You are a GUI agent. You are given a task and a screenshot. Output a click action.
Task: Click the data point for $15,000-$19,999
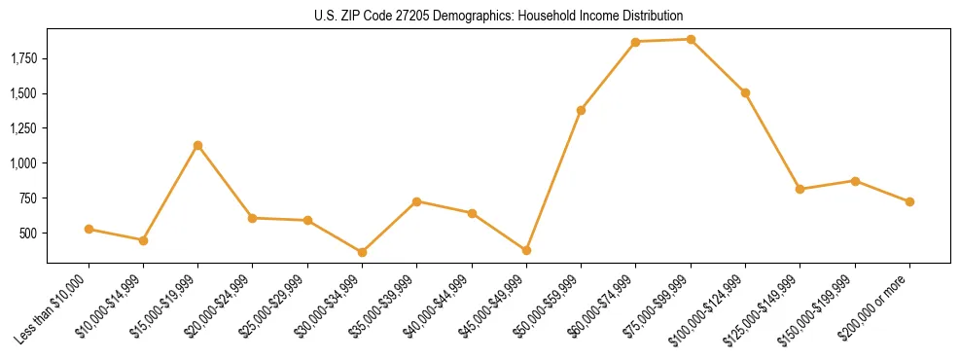pyautogui.click(x=198, y=145)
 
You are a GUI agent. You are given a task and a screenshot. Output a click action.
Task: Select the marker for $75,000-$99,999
pyautogui.click(x=691, y=40)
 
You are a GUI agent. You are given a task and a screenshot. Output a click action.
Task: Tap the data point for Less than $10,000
pyautogui.click(x=89, y=229)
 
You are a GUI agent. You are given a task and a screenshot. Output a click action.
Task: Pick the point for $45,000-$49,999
pyautogui.click(x=526, y=250)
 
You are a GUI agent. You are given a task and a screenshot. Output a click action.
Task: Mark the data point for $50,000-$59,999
pyautogui.click(x=581, y=110)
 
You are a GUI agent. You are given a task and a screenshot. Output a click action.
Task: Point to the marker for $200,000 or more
pyautogui.click(x=909, y=201)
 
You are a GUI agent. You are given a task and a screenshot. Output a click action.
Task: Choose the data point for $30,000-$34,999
pyautogui.click(x=362, y=252)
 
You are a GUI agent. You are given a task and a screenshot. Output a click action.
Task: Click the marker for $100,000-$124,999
pyautogui.click(x=745, y=92)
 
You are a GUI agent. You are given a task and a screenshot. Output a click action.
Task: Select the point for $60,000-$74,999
pyautogui.click(x=635, y=42)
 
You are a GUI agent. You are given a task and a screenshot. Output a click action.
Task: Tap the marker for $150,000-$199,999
pyautogui.click(x=855, y=181)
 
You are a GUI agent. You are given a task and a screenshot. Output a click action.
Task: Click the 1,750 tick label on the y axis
pyautogui.click(x=23, y=58)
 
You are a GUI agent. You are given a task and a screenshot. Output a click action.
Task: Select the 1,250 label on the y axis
pyautogui.click(x=23, y=128)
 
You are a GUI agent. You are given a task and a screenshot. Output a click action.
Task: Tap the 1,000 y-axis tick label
pyautogui.click(x=23, y=163)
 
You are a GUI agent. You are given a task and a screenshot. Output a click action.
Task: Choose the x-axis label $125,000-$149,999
pyautogui.click(x=765, y=306)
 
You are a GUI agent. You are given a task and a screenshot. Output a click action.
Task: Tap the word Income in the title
pyautogui.click(x=584, y=17)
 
